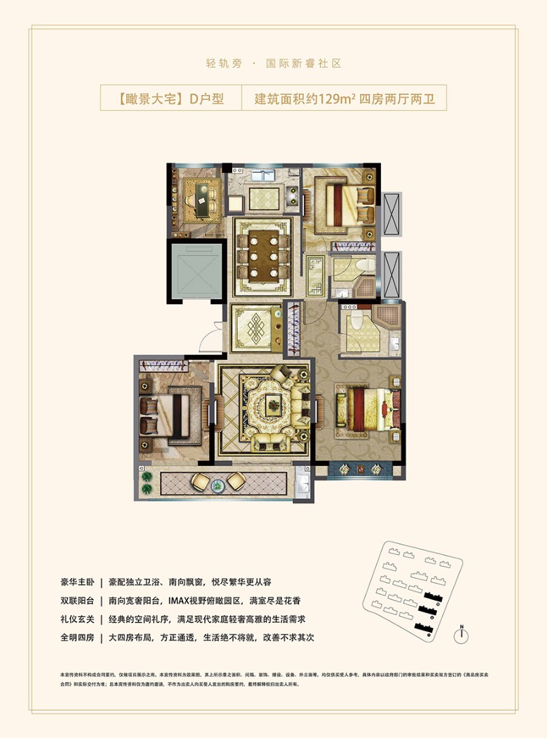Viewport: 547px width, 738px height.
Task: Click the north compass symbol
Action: coord(462,635)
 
